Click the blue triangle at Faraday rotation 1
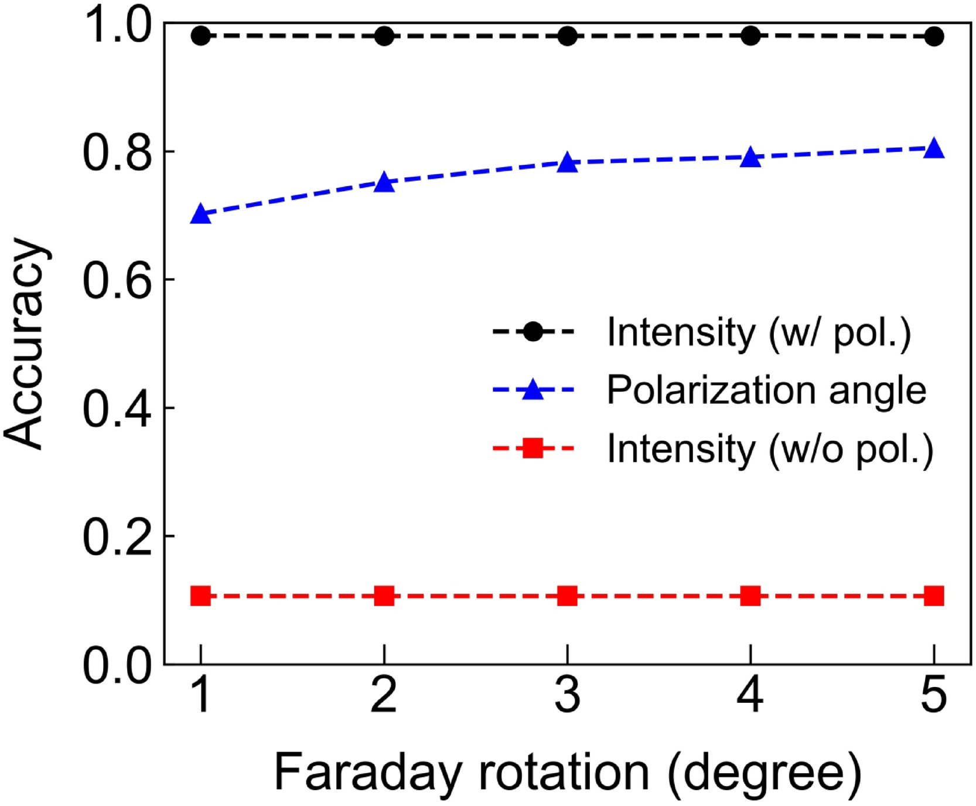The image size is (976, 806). click(x=201, y=215)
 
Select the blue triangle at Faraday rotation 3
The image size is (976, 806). click(x=567, y=163)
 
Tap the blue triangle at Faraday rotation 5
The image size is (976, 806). click(x=933, y=149)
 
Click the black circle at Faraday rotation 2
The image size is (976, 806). click(x=384, y=36)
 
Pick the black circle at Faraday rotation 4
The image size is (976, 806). click(x=750, y=36)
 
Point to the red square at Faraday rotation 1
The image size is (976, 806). click(x=201, y=597)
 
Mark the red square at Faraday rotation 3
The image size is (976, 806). click(x=567, y=597)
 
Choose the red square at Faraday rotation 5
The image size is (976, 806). click(x=933, y=597)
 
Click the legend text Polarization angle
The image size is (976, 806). click(x=766, y=390)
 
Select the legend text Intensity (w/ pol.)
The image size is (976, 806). click(x=759, y=332)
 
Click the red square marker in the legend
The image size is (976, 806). click(x=533, y=449)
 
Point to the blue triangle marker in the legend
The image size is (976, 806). click(x=533, y=390)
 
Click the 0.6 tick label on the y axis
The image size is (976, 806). click(x=117, y=280)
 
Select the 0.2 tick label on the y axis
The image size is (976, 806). click(x=117, y=536)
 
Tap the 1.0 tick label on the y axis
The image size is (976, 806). click(x=117, y=26)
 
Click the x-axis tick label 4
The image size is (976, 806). click(x=750, y=695)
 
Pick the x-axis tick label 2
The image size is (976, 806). click(x=384, y=695)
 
